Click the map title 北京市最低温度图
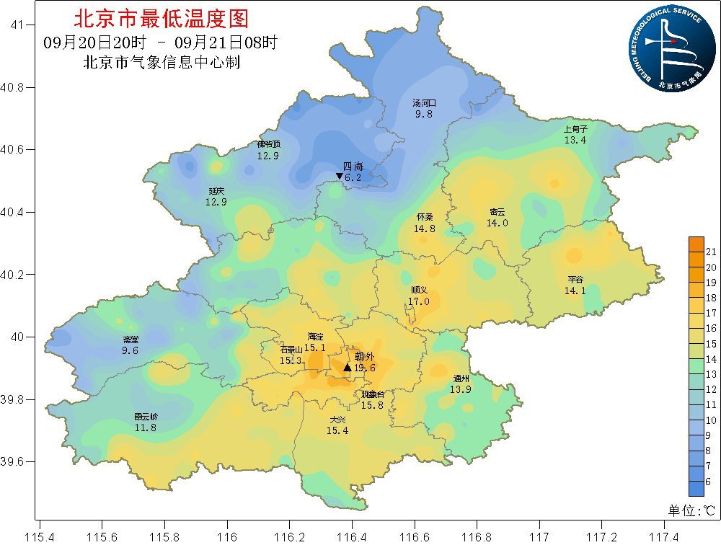point(161,17)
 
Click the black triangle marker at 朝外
point(347,368)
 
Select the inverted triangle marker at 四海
point(339,177)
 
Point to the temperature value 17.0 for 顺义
point(419,301)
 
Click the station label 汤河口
point(424,103)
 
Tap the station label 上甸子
point(575,129)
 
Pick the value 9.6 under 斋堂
point(131,350)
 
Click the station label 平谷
point(575,280)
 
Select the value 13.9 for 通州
point(461,389)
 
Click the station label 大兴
point(337,420)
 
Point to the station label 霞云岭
point(146,417)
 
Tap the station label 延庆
point(216,191)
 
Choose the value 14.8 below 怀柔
point(425,229)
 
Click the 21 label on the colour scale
point(709,252)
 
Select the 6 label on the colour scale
point(709,482)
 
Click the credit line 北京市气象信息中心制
point(162,63)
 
